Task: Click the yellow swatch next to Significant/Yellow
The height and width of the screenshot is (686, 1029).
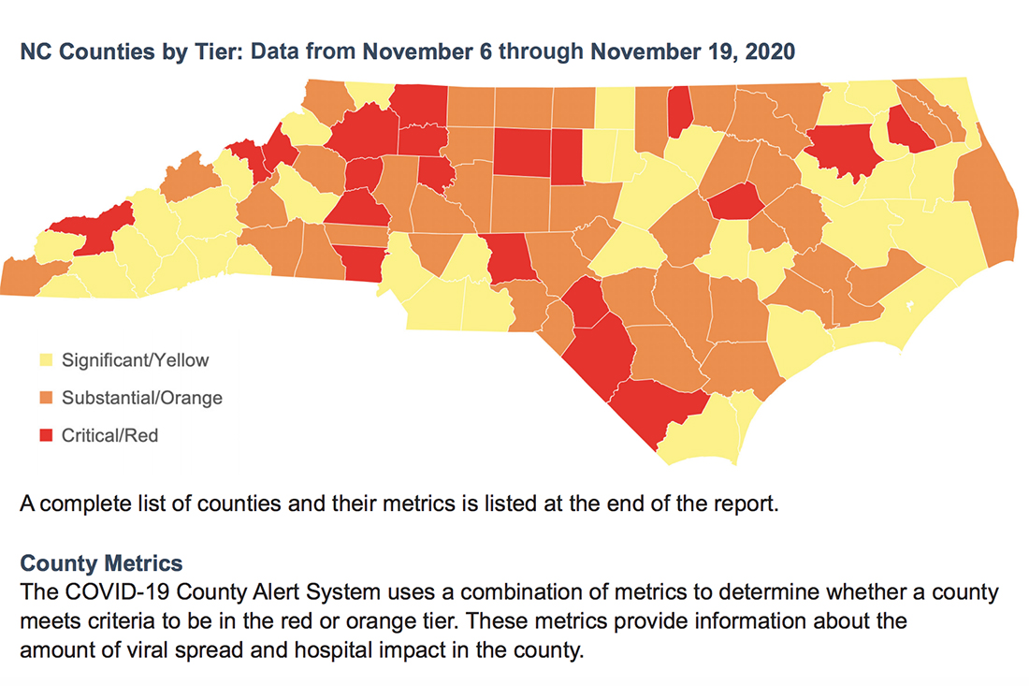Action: (43, 359)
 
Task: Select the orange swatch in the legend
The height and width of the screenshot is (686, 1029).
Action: (43, 398)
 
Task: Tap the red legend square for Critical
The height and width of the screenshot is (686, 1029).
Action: (43, 435)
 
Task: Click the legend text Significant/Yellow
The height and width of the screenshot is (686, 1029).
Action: (135, 359)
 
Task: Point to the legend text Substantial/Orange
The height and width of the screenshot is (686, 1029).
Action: (141, 398)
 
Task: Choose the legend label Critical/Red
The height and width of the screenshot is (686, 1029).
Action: (109, 435)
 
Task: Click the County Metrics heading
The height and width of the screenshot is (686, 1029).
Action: (101, 564)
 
